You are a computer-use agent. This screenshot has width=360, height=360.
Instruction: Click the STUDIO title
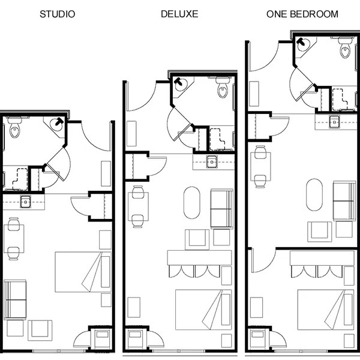coord(57,13)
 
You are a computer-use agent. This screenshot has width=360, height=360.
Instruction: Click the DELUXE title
coord(178,13)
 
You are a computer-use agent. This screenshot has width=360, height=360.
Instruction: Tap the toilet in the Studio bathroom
coord(14,130)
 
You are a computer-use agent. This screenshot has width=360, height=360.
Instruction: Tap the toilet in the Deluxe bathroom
coord(223,90)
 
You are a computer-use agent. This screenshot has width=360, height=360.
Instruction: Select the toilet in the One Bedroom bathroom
coord(345,50)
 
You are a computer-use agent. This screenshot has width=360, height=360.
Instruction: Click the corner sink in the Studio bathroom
coord(57,125)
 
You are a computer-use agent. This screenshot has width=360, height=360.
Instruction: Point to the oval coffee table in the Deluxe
coord(192,203)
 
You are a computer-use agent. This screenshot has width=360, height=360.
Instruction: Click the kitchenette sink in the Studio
coord(26,202)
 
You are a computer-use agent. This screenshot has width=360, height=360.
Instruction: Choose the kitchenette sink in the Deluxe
coord(212,161)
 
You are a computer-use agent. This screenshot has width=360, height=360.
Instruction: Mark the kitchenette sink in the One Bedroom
coord(334,122)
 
